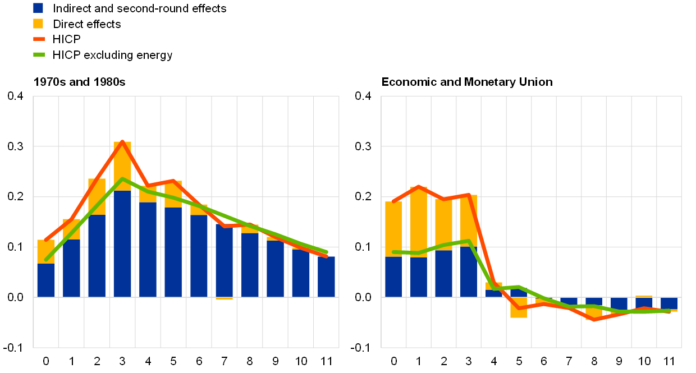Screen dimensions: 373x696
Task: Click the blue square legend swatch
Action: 38,8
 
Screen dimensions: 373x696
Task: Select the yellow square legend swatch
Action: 38,24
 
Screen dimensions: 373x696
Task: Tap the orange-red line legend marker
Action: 39,39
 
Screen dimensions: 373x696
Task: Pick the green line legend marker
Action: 39,54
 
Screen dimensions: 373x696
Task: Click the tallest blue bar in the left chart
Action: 122,244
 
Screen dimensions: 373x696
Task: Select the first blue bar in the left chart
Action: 46,280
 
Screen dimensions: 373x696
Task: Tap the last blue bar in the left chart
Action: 326,277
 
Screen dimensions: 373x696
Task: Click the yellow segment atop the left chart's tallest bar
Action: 122,166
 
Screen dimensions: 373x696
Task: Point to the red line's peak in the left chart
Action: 122,141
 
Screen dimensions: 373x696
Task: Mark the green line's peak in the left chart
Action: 122,179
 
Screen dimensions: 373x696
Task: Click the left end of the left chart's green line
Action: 46,260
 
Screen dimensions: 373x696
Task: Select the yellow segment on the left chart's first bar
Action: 46,251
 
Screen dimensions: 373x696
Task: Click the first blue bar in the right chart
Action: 393,277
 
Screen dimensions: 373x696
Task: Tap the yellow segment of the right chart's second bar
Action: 419,222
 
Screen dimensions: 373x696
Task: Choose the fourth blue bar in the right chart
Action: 469,271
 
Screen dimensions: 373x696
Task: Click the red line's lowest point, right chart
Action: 594,320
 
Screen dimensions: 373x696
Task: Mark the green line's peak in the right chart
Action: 469,241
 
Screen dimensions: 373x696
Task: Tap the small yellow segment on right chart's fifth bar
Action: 494,286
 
